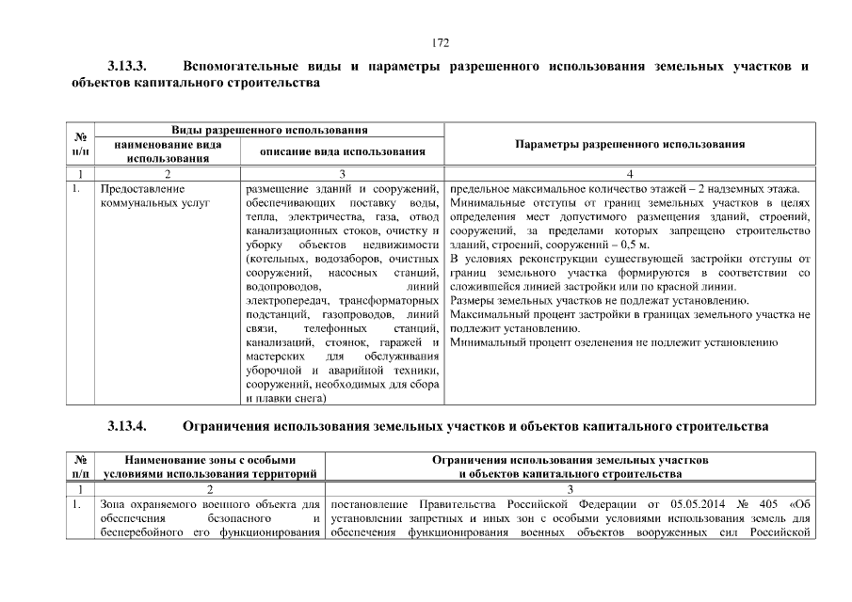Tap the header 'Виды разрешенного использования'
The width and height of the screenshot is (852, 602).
269,129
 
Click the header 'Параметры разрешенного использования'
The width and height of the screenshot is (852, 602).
630,144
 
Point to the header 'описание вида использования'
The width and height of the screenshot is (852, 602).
342,150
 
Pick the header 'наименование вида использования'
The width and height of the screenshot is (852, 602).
167,151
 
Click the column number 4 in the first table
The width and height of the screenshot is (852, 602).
630,173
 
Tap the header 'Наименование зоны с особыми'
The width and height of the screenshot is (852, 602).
210,459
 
